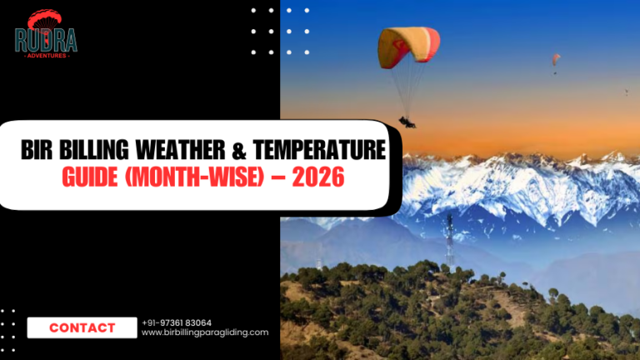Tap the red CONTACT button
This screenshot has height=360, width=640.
click(x=82, y=327)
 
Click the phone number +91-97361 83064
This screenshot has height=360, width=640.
click(x=177, y=322)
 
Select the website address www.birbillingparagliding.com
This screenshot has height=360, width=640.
click(x=205, y=332)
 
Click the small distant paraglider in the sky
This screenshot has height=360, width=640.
click(x=555, y=59)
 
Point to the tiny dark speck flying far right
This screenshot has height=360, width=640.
click(x=626, y=92)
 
